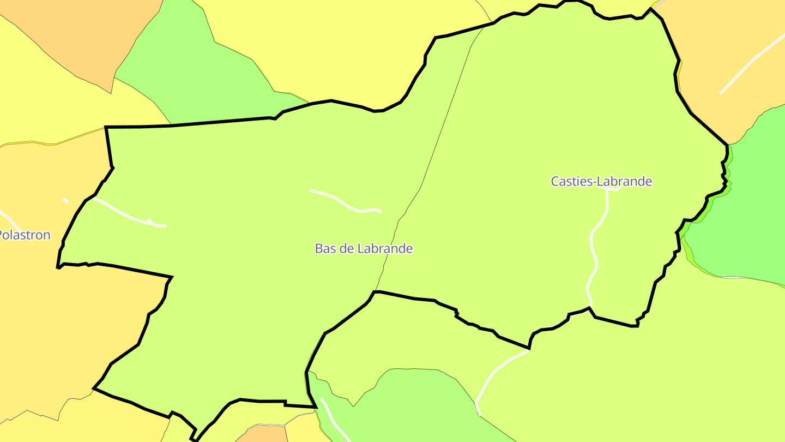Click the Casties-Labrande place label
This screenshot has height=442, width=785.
tap(601, 181)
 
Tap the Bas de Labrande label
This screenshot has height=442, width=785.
tap(364, 249)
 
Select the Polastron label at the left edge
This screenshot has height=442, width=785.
tap(25, 235)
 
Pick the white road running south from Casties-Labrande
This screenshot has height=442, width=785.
tap(594, 251)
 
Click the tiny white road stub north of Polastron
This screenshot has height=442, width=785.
tap(65, 200)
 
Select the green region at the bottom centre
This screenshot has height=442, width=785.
tap(414, 404)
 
